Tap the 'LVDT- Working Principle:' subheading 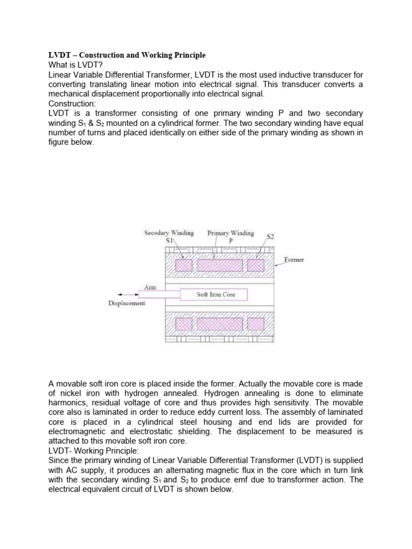click(x=92, y=450)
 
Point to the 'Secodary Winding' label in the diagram click(x=168, y=233)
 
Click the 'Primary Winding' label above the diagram click(x=231, y=233)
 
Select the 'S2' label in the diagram click(x=270, y=236)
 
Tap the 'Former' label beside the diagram click(x=293, y=259)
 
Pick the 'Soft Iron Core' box click(x=214, y=294)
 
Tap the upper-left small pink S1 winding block click(x=184, y=266)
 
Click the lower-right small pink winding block click(x=255, y=323)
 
